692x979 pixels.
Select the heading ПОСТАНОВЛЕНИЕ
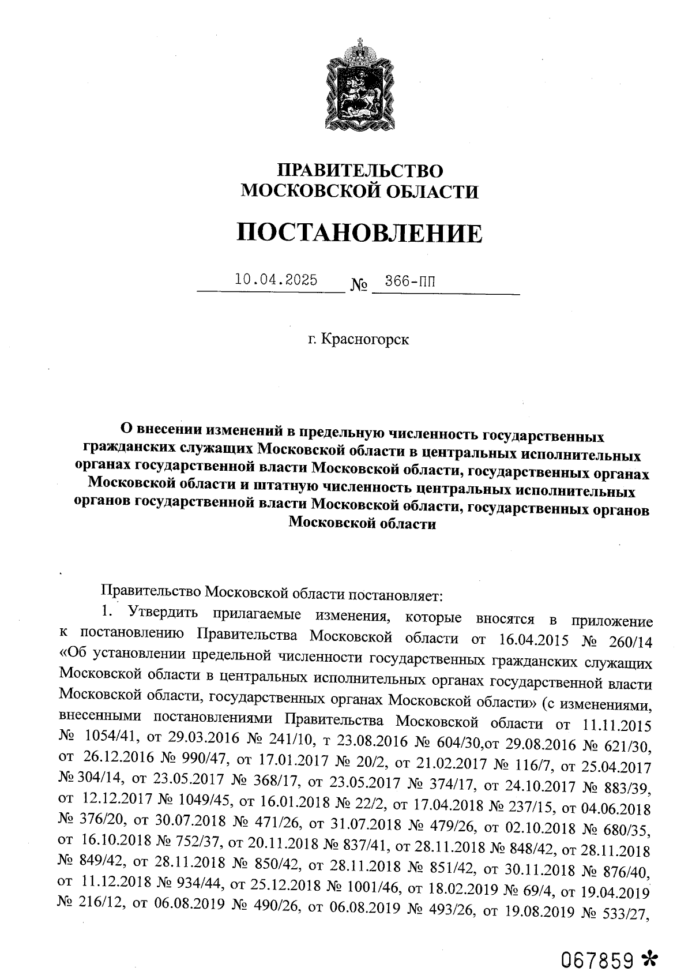click(x=360, y=233)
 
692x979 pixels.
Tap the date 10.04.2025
click(x=276, y=280)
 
